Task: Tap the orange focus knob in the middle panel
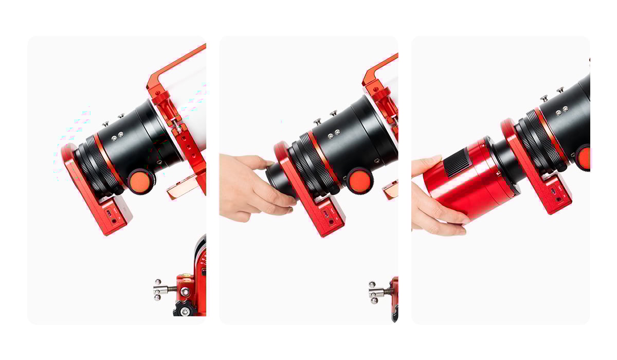pyautogui.click(x=359, y=181)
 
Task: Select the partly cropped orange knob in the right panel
pyautogui.click(x=584, y=157)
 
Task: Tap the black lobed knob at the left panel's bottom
pyautogui.click(x=184, y=309)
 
